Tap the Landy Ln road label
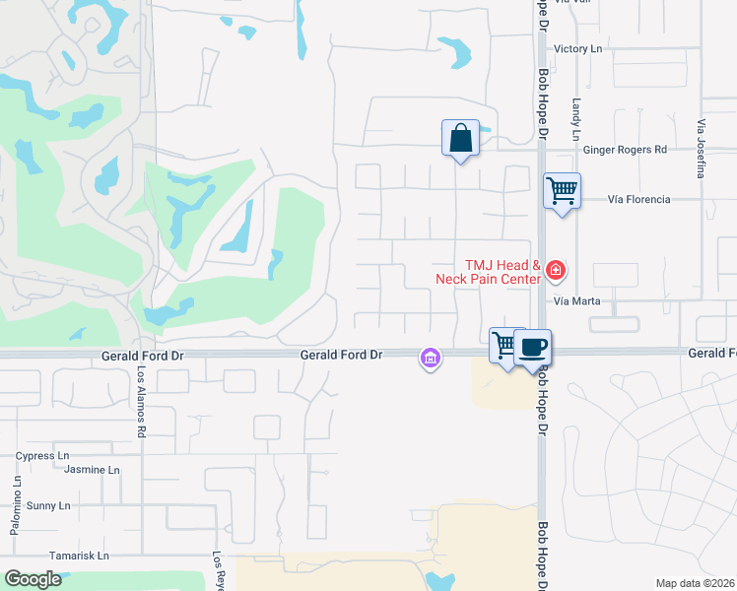pyautogui.click(x=576, y=117)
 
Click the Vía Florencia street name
pyautogui.click(x=639, y=199)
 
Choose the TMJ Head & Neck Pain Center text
pyautogui.click(x=489, y=272)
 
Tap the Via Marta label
pyautogui.click(x=577, y=300)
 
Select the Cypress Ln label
pyautogui.click(x=42, y=456)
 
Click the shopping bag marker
pyautogui.click(x=460, y=138)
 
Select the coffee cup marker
pyautogui.click(x=532, y=348)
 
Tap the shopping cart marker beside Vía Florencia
pyautogui.click(x=563, y=190)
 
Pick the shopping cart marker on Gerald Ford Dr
pyautogui.click(x=505, y=346)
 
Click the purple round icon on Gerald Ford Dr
pyautogui.click(x=430, y=360)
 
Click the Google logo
pyautogui.click(x=33, y=579)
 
